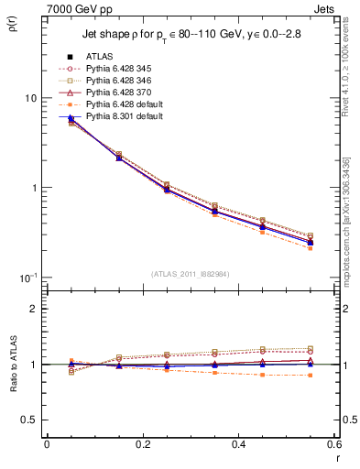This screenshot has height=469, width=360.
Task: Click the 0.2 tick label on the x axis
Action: (142, 445)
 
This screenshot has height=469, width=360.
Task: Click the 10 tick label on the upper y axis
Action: (31, 98)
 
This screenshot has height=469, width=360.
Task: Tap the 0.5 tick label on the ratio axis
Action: (30, 420)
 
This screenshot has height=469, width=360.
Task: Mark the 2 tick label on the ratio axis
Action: (35, 309)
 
